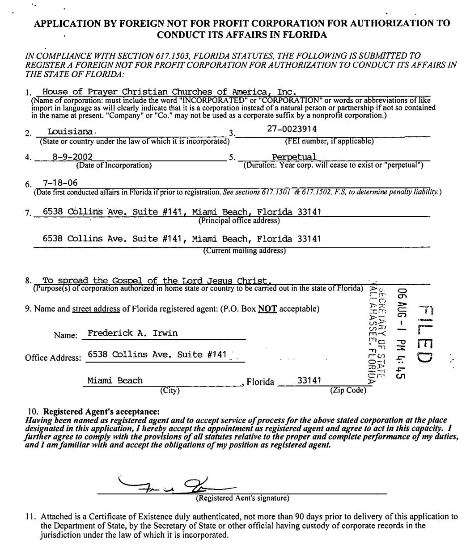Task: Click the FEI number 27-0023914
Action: coord(292,128)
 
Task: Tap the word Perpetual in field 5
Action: coord(294,157)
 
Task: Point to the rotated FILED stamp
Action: coord(425,333)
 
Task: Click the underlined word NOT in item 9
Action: coord(267,309)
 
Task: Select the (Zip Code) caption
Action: coord(348,390)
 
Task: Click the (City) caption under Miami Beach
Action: coord(169,390)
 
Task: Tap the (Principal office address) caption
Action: coord(239,220)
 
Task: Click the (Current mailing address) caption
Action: coord(244,251)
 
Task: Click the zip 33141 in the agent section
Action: coord(309,380)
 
